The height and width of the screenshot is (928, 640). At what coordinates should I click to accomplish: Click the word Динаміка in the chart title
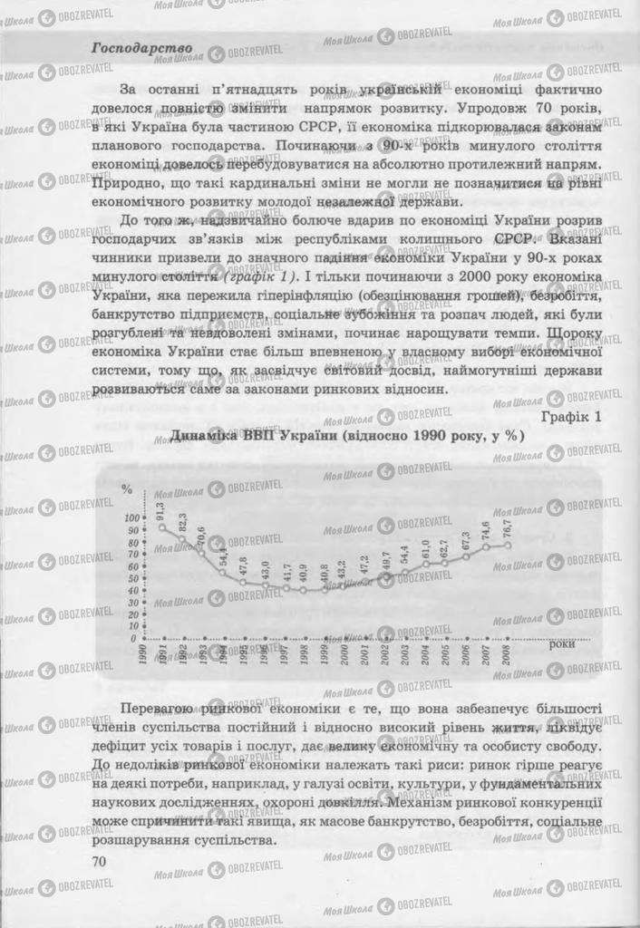[208, 435]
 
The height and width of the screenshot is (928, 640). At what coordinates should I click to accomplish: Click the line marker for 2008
[508, 545]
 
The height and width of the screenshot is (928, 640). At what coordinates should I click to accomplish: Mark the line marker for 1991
[162, 527]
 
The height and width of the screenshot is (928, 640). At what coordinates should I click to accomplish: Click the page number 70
[101, 861]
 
